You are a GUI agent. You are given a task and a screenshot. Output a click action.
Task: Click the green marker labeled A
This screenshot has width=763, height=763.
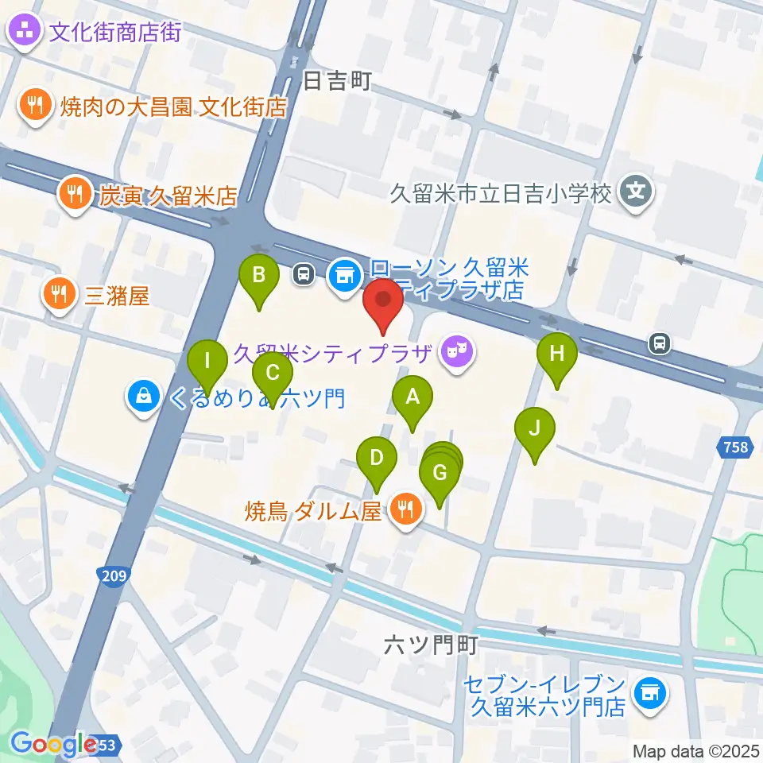point(412,396)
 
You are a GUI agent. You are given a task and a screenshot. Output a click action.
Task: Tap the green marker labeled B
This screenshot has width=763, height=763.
point(259,277)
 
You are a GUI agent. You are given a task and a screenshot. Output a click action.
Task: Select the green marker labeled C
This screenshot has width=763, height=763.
point(272,372)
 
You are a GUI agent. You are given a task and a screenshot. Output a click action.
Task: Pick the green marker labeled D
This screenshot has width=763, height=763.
point(377,458)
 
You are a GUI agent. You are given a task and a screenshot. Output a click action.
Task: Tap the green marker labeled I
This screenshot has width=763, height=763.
point(207,361)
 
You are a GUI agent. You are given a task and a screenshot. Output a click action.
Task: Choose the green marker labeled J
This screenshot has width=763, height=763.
point(535,429)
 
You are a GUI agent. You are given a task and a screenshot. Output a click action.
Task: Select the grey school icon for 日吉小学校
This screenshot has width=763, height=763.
point(636,191)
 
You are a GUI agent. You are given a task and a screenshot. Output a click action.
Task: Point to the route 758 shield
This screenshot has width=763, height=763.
point(736,448)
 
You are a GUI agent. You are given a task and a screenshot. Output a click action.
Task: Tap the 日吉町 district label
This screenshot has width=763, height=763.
point(338,81)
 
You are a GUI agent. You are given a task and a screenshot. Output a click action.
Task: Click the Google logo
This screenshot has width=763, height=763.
point(54,744)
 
